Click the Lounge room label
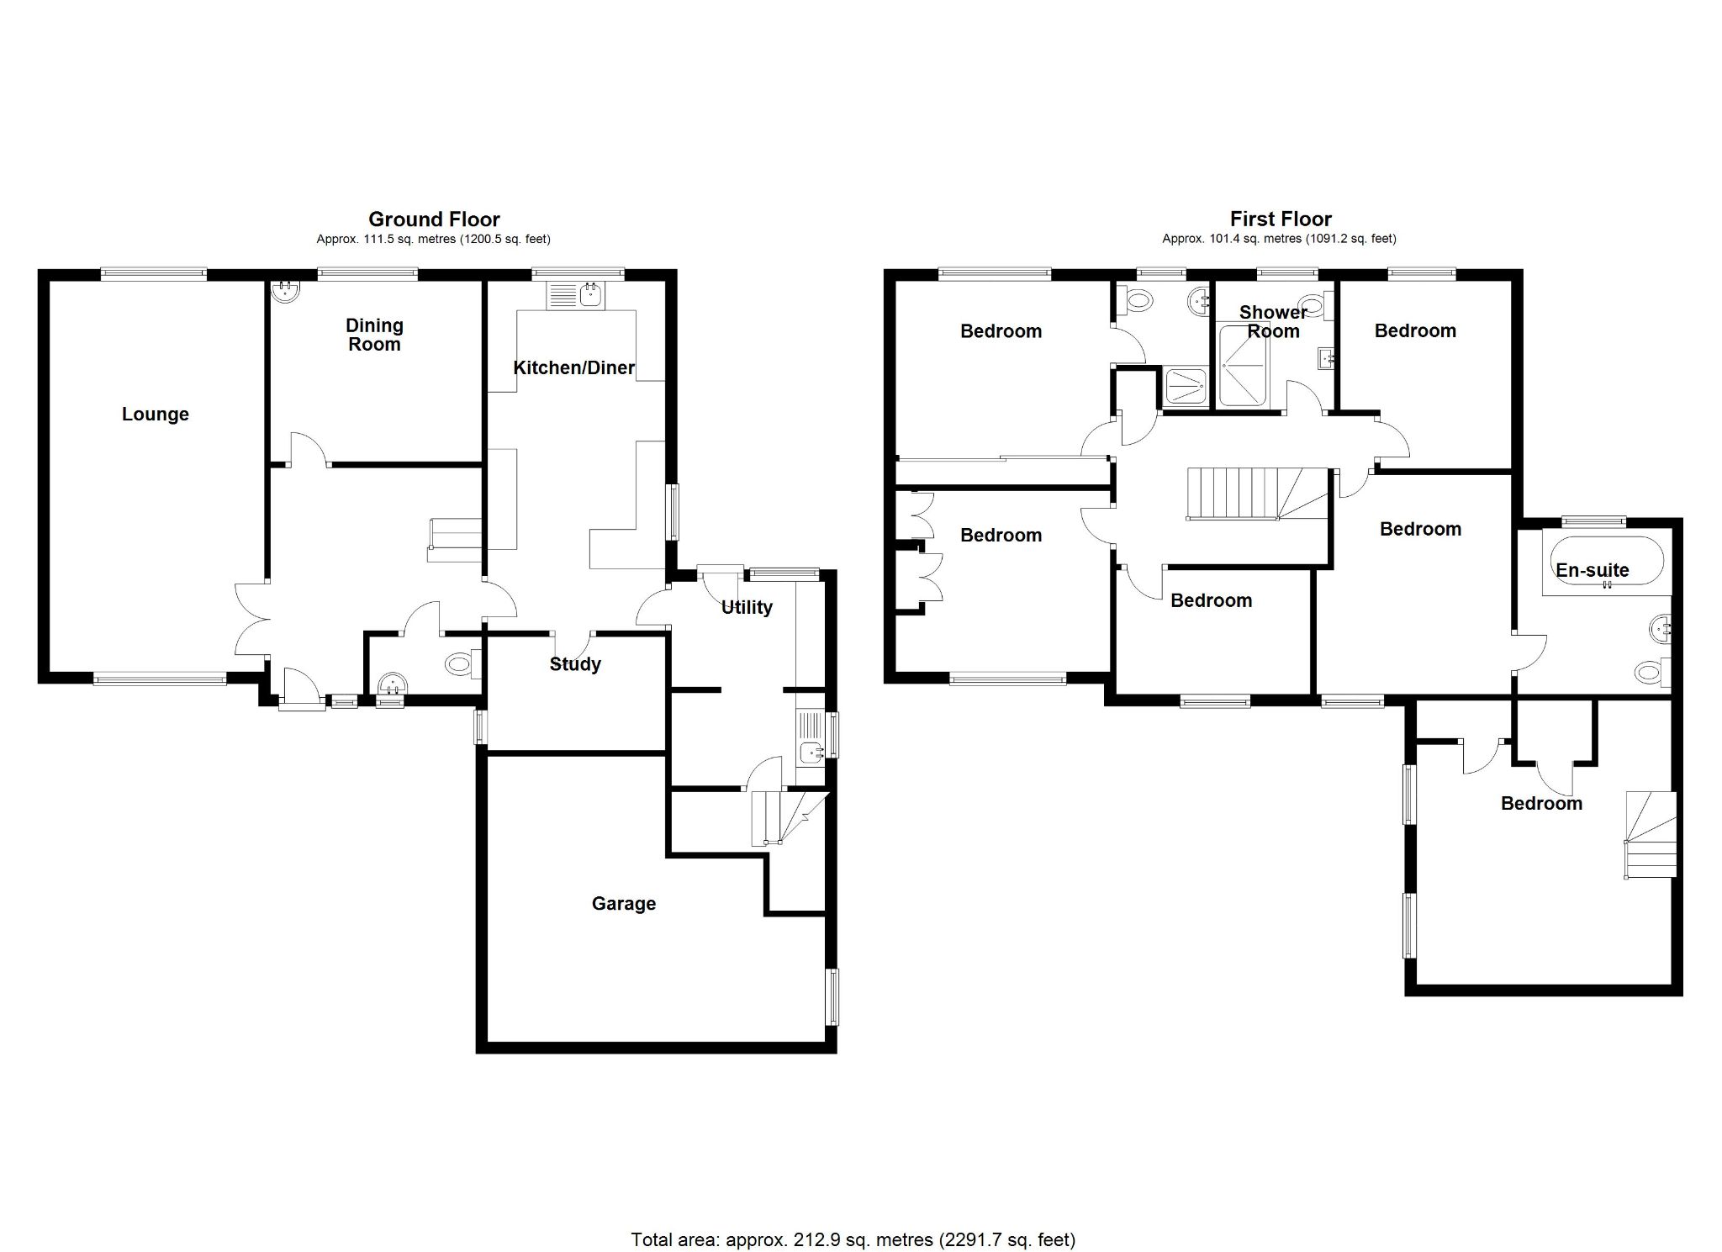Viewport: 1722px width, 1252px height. coord(156,414)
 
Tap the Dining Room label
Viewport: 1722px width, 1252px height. coord(375,335)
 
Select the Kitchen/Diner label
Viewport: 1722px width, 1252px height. coord(573,367)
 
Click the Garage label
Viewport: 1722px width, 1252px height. coord(623,903)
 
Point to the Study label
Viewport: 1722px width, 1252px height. coord(575,663)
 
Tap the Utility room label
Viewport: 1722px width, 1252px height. coord(747,607)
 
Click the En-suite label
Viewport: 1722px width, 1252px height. coord(1592,570)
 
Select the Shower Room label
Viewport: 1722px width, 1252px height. coord(1273,321)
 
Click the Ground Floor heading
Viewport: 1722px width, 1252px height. coord(434,219)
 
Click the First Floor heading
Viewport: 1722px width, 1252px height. coord(1281,219)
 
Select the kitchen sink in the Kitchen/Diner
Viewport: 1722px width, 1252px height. coord(575,294)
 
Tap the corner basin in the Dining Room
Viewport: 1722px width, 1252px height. coord(284,292)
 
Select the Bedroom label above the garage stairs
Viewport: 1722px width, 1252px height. coord(1541,803)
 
